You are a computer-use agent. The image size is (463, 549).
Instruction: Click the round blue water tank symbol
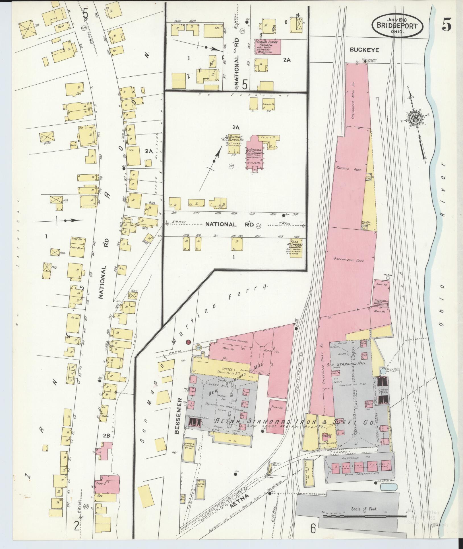pyautogui.click(x=383, y=371)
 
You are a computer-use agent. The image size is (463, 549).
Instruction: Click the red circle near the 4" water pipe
pyautogui.click(x=188, y=342)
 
